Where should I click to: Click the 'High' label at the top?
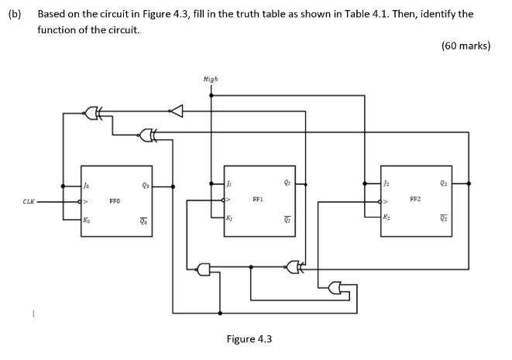[210, 79]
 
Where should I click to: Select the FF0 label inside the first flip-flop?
[115, 203]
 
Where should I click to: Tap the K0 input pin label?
[86, 221]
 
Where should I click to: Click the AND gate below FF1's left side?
[204, 269]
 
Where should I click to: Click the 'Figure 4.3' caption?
[249, 339]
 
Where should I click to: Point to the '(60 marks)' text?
[466, 46]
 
